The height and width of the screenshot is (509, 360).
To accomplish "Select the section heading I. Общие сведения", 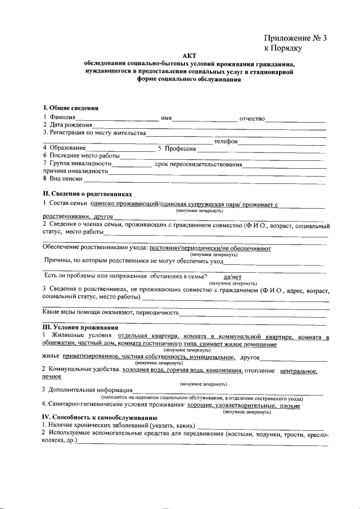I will [71, 107].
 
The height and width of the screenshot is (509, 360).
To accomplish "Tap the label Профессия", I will [179, 148].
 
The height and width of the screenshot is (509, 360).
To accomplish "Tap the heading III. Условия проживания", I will [80, 327].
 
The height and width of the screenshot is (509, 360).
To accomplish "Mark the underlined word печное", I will [52, 377].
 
